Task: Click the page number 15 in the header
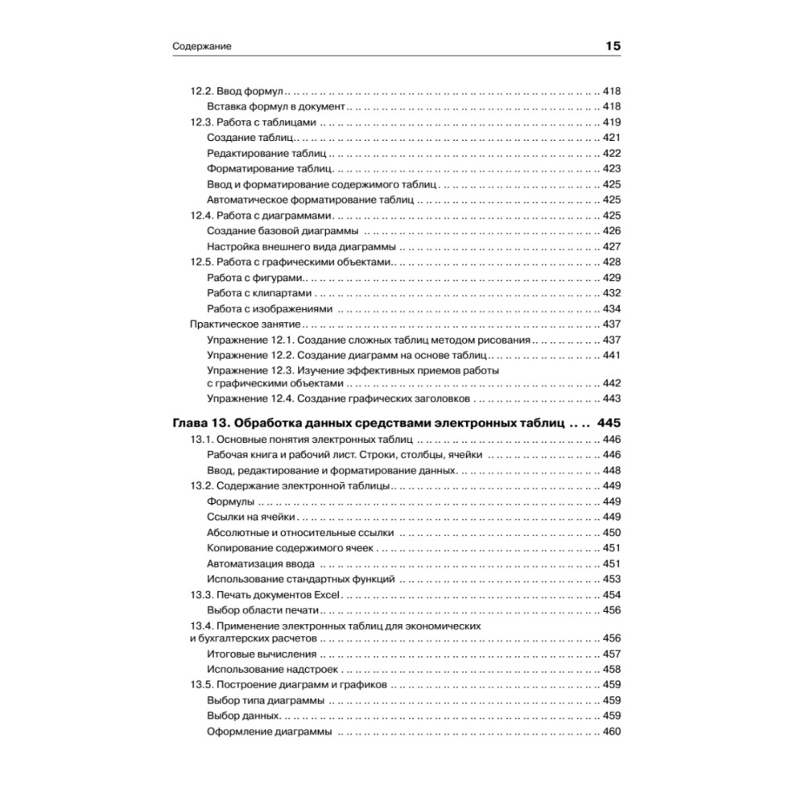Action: pos(613,47)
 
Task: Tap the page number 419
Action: pos(612,122)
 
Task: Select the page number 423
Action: pos(612,169)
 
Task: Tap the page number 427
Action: pos(612,246)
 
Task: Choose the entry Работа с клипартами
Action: pos(259,293)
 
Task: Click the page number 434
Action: pos(612,308)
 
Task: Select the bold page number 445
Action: pos(610,423)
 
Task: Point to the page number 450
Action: pos(612,532)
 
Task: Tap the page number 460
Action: pos(612,732)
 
